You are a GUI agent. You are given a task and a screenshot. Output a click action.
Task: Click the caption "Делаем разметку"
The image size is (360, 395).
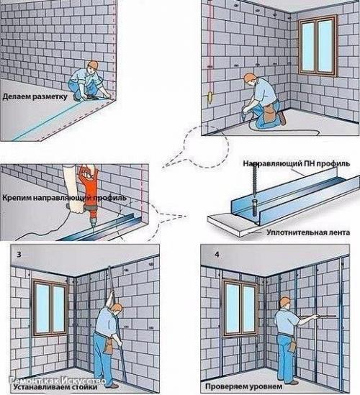point(35,96)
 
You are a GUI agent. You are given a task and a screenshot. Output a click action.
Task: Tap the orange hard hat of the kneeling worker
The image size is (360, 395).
point(94,64)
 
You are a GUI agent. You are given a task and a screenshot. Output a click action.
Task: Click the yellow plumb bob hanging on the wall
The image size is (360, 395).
point(210,98)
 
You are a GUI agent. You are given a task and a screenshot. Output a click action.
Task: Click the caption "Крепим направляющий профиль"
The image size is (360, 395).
point(65,197)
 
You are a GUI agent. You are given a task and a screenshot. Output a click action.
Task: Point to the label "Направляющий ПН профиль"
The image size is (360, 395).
point(297,164)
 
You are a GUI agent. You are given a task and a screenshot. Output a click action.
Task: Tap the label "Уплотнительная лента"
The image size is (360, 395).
point(308,232)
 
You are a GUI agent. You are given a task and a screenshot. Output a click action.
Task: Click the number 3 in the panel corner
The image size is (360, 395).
point(19,255)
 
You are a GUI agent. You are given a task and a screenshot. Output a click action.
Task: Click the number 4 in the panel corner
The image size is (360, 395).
point(217,255)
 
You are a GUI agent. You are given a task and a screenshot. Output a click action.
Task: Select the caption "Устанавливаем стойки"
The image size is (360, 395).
point(55,386)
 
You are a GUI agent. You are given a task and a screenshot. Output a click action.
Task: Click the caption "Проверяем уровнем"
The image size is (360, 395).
point(244,386)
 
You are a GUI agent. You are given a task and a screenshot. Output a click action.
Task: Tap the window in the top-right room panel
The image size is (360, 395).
point(318,46)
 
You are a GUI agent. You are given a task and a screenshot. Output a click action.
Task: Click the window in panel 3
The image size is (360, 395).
point(50,307)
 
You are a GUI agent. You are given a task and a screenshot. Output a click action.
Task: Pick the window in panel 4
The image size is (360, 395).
point(240,307)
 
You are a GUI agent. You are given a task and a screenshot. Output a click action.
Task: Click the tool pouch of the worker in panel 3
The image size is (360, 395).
point(109,345)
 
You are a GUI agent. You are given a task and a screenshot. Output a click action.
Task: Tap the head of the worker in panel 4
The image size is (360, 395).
point(285,302)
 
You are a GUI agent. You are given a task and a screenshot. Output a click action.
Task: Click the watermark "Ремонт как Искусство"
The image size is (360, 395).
point(57,381)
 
